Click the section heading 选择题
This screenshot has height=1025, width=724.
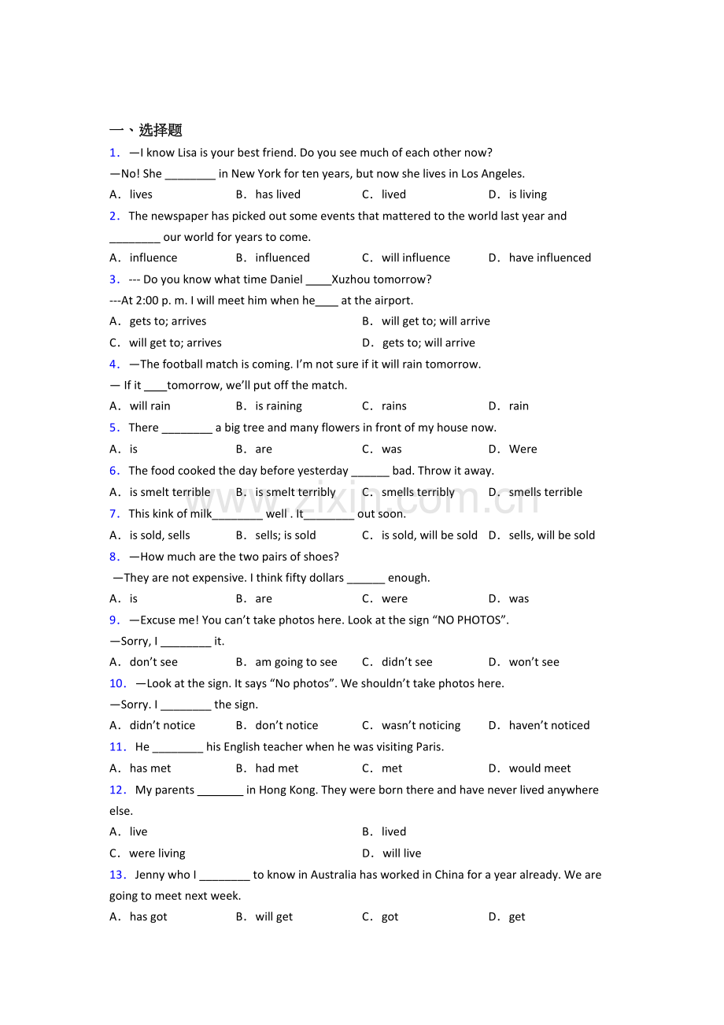click(160, 130)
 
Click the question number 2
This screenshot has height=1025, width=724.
click(115, 216)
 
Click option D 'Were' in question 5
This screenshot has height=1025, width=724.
click(523, 449)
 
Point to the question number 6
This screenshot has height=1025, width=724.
click(115, 471)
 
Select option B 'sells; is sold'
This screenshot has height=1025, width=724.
click(285, 535)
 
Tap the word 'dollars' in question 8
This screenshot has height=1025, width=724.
click(325, 577)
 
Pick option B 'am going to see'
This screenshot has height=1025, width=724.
click(296, 662)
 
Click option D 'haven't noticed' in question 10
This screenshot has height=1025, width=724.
click(549, 725)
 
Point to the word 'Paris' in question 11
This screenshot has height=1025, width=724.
click(427, 746)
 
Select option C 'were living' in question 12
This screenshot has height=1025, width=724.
click(157, 853)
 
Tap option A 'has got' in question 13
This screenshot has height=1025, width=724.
click(148, 916)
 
